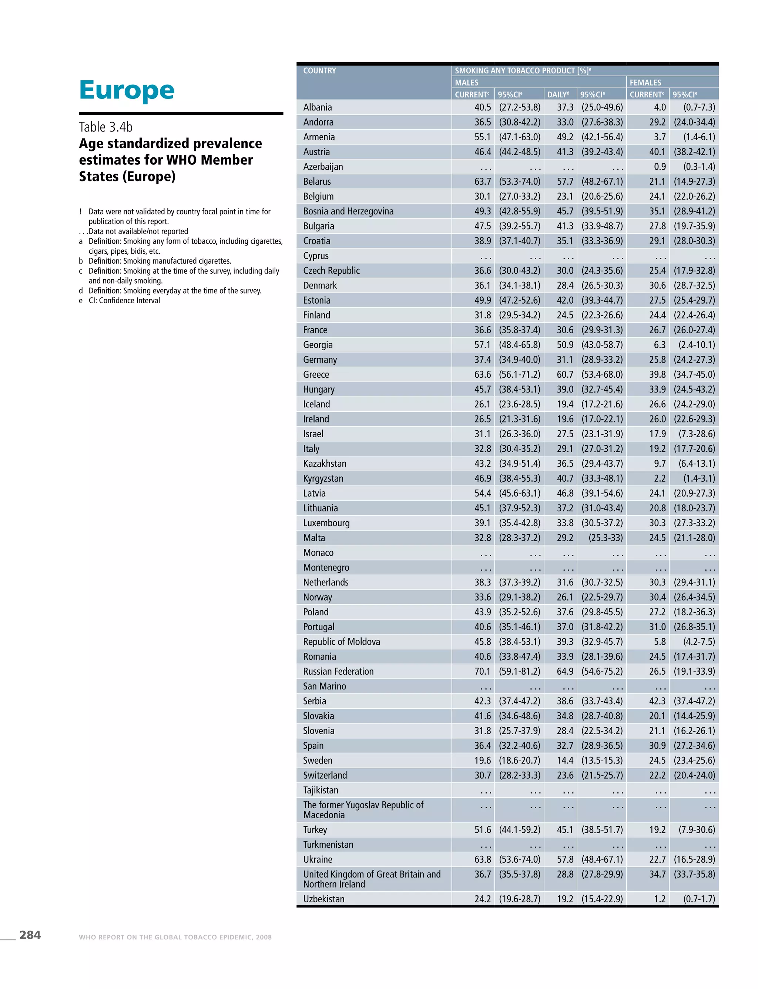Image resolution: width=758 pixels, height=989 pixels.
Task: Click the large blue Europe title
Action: point(127,90)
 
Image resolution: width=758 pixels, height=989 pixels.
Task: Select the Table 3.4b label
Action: point(105,127)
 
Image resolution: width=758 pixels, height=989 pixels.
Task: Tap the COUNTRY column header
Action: point(319,71)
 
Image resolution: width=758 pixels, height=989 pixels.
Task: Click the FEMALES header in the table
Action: point(645,83)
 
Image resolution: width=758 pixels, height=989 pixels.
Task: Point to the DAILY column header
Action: point(558,95)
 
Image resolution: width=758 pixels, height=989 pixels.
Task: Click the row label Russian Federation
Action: point(338,671)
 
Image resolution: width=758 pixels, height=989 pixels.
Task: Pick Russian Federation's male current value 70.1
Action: point(482,671)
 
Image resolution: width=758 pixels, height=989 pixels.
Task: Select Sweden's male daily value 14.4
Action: point(565,760)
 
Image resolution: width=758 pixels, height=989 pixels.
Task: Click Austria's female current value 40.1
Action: point(657,152)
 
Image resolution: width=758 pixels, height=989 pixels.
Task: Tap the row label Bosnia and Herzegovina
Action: point(348,211)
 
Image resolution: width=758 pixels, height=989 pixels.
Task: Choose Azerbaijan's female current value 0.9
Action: point(660,167)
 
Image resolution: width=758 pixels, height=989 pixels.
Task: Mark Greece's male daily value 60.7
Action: point(565,375)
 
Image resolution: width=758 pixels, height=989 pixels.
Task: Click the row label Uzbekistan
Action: point(323,899)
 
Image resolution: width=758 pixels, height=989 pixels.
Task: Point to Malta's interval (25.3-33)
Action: point(606,538)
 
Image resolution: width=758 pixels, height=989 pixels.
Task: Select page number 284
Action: point(30,935)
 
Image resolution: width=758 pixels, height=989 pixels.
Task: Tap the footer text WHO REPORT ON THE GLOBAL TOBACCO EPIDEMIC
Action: point(175,937)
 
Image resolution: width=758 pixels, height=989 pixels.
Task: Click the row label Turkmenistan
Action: point(328,845)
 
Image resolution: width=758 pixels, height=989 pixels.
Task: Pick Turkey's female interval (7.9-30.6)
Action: point(697,830)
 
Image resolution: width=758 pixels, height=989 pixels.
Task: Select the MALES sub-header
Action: point(466,83)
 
